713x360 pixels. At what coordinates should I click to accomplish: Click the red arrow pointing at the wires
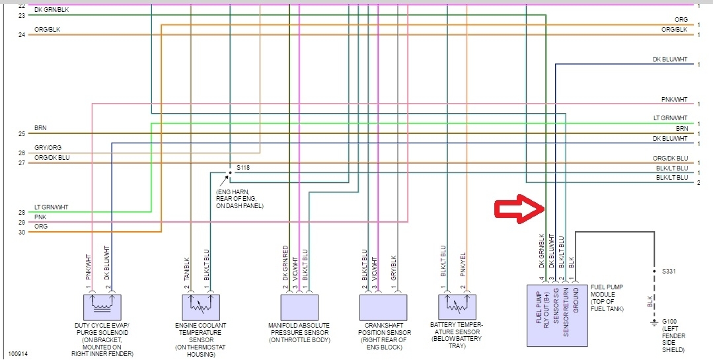[519, 208]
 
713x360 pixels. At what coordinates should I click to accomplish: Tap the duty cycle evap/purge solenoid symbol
[102, 307]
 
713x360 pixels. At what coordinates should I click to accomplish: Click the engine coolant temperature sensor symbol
[200, 307]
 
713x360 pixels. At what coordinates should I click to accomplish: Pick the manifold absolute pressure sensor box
[299, 307]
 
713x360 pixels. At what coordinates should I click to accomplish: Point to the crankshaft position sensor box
[386, 307]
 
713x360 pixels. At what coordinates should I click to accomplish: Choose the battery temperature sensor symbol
[457, 307]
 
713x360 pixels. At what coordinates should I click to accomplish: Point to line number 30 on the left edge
[22, 233]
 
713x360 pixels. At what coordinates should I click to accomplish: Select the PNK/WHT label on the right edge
[674, 100]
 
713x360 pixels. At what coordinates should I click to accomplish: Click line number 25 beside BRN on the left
[22, 134]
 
